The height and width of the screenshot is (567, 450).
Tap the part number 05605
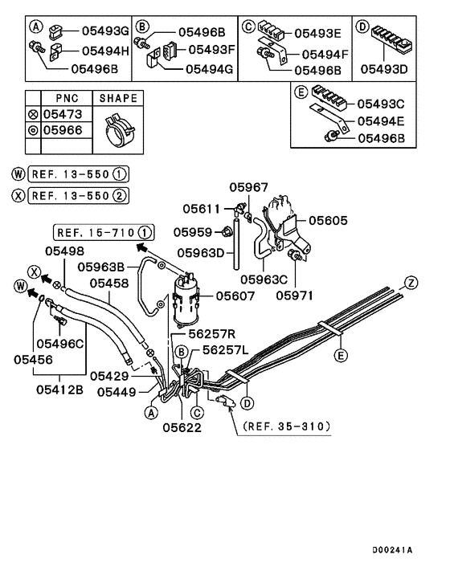327,219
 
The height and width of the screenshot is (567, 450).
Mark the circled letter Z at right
411,282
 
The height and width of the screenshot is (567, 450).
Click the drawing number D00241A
393,550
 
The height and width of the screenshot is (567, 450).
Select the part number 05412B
61,390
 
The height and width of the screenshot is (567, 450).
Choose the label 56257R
211,333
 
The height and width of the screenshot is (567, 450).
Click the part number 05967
248,187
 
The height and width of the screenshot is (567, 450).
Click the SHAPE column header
118,98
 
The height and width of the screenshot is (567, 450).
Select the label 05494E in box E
382,121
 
